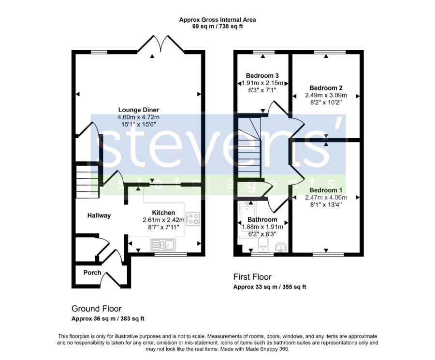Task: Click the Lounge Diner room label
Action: (x=138, y=110)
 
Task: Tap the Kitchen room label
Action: (x=163, y=213)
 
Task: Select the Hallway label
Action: (x=99, y=216)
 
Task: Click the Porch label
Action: (x=92, y=273)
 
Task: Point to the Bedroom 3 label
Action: (x=262, y=75)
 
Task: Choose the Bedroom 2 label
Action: (x=326, y=88)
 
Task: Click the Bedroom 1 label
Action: (x=326, y=190)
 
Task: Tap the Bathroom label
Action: (x=262, y=220)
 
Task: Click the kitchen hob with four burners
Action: (x=193, y=218)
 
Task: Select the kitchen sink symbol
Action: (x=163, y=245)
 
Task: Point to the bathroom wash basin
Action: (x=280, y=247)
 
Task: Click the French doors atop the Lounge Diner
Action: (x=160, y=44)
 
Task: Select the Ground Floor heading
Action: (x=97, y=309)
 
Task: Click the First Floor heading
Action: (x=252, y=277)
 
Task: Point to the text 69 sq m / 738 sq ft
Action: (x=217, y=27)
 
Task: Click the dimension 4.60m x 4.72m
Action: (x=138, y=117)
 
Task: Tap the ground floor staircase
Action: (x=87, y=181)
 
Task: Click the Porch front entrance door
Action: (x=112, y=279)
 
